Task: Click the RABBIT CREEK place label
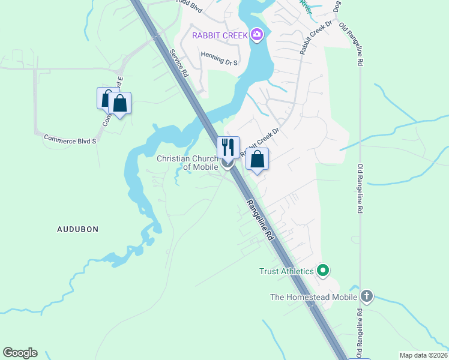coord(220,35)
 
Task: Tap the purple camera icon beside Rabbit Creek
coord(258,35)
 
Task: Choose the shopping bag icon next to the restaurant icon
coord(257,159)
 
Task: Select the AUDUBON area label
coord(77,229)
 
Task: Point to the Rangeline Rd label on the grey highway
coord(261,220)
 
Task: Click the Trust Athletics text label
coord(286,271)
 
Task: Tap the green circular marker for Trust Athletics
coord(323,271)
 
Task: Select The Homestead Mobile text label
coord(314,296)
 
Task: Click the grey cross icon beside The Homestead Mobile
coord(367,296)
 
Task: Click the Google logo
coord(20,353)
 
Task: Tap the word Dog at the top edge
coord(337,5)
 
